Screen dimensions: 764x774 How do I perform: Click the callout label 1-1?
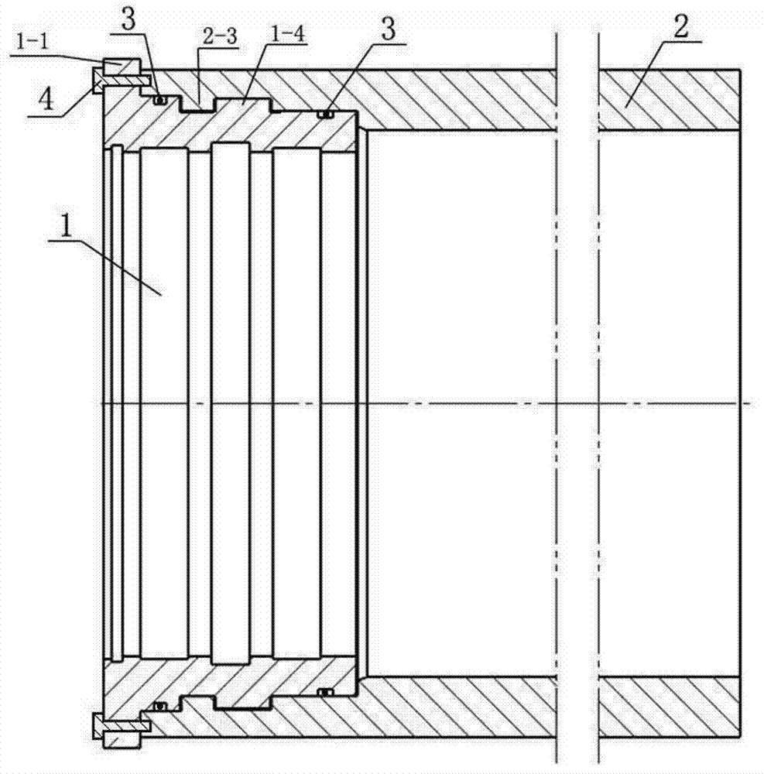click(x=33, y=42)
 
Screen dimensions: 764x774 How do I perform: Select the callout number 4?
click(x=46, y=101)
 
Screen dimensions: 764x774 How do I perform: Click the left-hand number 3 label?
click(x=128, y=21)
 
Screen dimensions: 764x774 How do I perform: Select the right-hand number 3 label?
click(x=389, y=31)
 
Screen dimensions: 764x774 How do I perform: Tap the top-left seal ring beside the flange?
click(x=160, y=100)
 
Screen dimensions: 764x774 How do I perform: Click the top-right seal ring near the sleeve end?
click(x=325, y=115)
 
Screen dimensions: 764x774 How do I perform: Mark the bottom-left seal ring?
click(x=159, y=707)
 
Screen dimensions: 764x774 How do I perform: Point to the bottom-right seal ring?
click(x=324, y=692)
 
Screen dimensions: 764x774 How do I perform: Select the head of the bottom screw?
click(x=97, y=726)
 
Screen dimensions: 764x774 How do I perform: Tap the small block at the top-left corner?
click(x=122, y=65)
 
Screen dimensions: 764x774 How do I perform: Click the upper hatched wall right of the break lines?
click(x=670, y=100)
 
